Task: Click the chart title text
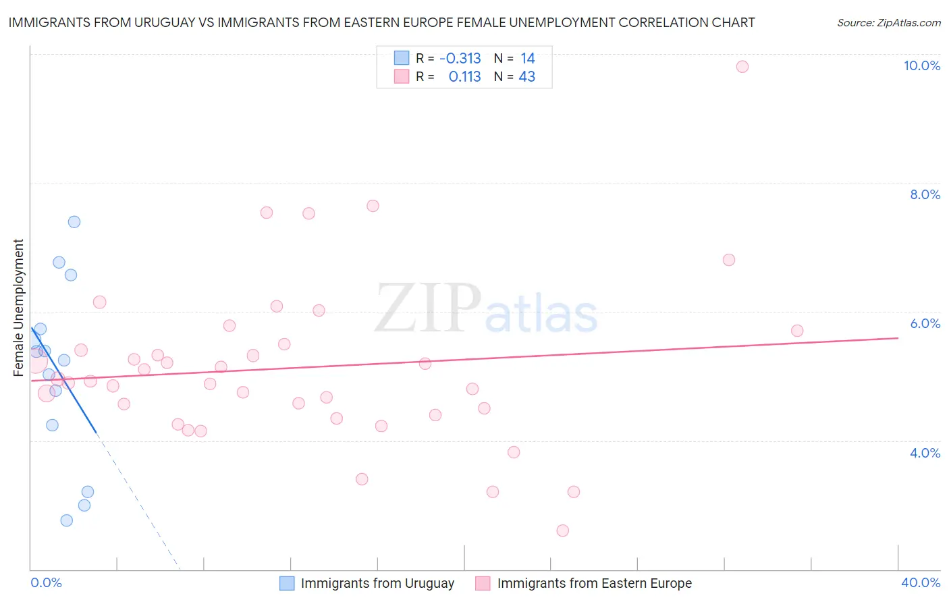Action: [x=381, y=22]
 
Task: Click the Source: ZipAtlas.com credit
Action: [x=888, y=22]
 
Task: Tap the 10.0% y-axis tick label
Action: [x=921, y=65]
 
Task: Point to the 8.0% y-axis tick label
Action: [x=924, y=194]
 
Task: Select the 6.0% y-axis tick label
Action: [x=924, y=323]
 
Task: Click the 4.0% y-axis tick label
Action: [x=924, y=453]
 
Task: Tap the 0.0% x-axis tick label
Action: [x=46, y=582]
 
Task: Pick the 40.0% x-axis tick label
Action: [x=920, y=582]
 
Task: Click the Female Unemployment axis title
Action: [x=18, y=307]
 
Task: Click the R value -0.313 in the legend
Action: [x=460, y=58]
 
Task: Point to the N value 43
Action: [x=526, y=77]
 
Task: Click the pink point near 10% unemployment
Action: [x=742, y=66]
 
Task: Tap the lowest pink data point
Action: [x=562, y=530]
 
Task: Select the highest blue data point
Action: [x=74, y=222]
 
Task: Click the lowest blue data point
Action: [x=66, y=520]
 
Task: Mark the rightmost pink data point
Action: [x=797, y=331]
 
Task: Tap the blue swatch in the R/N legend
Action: [x=402, y=58]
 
